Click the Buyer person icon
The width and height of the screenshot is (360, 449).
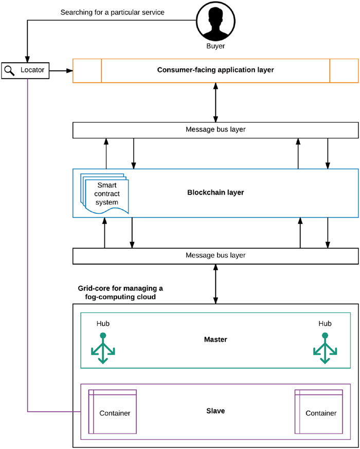(x=215, y=21)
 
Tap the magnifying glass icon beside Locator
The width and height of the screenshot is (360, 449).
(x=9, y=70)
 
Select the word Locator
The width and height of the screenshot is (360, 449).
(x=32, y=70)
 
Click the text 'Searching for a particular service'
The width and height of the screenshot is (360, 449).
(x=112, y=12)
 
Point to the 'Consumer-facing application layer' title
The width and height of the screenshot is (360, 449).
(x=215, y=70)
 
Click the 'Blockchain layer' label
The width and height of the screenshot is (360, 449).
(x=215, y=193)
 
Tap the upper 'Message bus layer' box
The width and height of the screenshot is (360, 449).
(x=215, y=129)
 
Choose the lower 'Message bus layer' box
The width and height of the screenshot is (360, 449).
(x=215, y=255)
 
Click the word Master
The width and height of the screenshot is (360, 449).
(x=215, y=340)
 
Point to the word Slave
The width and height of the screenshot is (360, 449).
(x=215, y=411)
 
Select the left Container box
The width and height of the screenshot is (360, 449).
(x=114, y=413)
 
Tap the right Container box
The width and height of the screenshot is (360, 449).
(x=320, y=413)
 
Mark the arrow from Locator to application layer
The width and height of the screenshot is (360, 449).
(x=61, y=70)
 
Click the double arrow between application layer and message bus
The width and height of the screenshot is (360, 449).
(x=215, y=102)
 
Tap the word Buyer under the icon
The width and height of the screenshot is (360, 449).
(x=215, y=46)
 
